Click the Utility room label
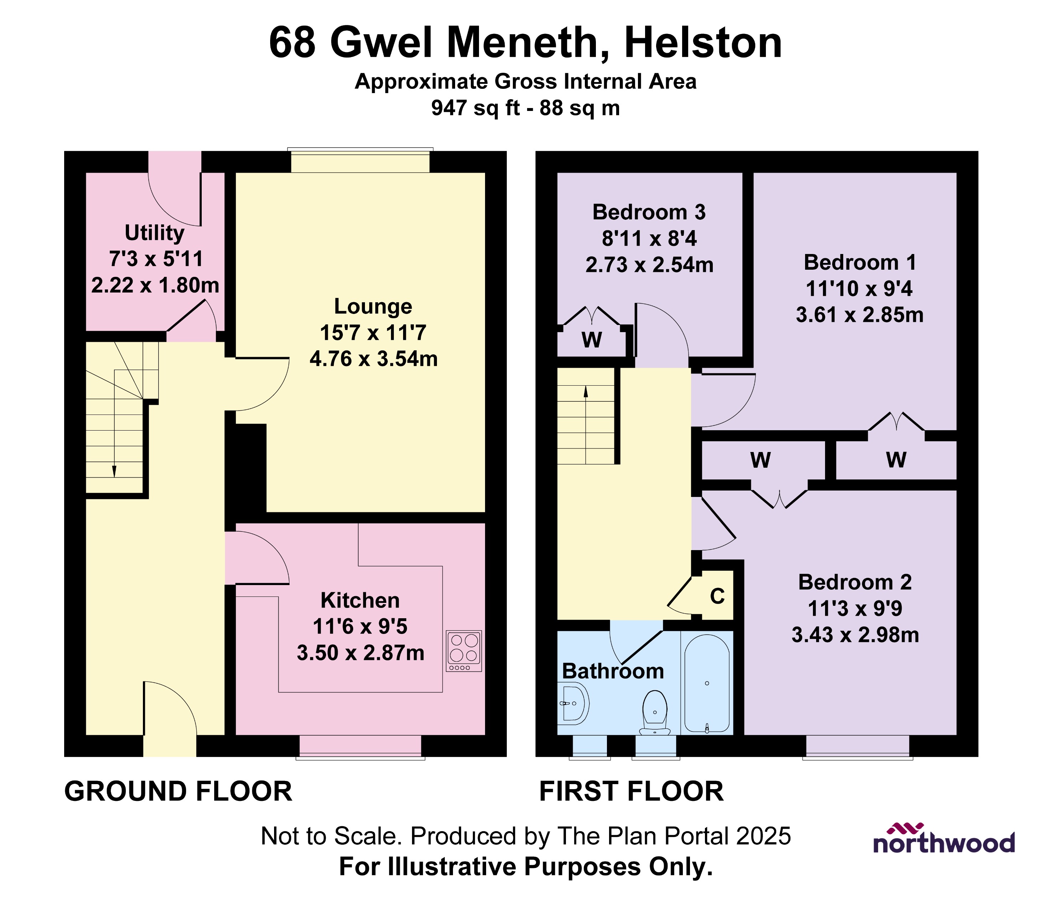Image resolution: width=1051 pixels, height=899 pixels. (154, 233)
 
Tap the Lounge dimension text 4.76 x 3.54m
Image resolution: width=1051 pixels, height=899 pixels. (373, 359)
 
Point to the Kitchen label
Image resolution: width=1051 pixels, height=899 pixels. (360, 600)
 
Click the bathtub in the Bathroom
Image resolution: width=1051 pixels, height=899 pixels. (707, 683)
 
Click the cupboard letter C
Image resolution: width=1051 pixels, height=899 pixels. (717, 596)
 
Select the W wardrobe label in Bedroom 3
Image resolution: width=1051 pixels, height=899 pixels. (592, 340)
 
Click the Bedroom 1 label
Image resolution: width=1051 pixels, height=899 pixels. (860, 263)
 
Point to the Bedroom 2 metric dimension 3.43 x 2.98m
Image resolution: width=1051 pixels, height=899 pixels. (855, 635)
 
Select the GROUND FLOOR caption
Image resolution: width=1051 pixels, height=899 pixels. (178, 791)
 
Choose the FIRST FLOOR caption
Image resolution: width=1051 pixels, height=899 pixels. (631, 791)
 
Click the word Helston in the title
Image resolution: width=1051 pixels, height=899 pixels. (703, 43)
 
